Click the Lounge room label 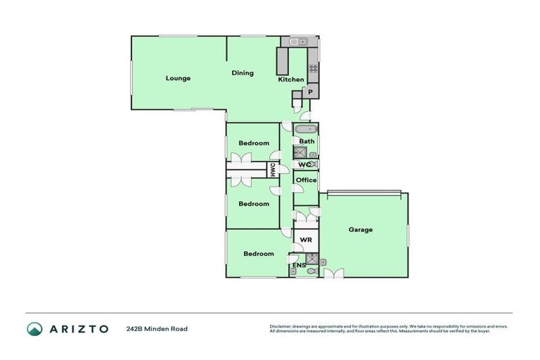(x=178, y=78)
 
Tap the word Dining (x=243, y=73)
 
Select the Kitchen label (x=290, y=79)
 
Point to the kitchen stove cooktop (x=313, y=69)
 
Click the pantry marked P (x=310, y=91)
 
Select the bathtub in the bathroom (x=307, y=129)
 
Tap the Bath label (x=307, y=141)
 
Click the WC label (x=304, y=165)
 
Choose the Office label (x=306, y=180)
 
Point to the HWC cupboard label (x=270, y=169)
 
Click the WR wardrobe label (x=305, y=240)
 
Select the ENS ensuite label (x=299, y=266)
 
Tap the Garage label (x=360, y=229)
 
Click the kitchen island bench (x=283, y=61)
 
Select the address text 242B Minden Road (x=157, y=328)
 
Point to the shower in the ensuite (x=313, y=259)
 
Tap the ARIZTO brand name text (x=78, y=328)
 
